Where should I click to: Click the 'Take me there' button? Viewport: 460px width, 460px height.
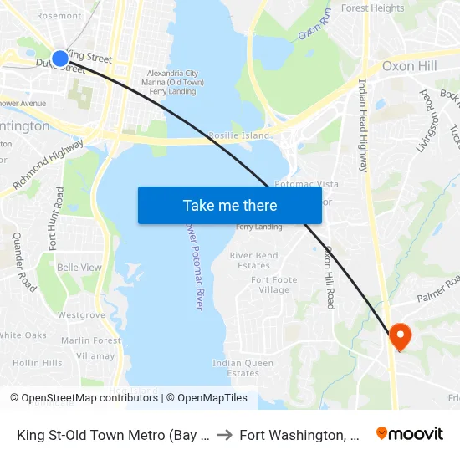click(229, 205)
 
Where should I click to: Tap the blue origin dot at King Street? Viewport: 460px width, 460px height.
click(60, 58)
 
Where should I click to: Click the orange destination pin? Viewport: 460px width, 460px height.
click(401, 336)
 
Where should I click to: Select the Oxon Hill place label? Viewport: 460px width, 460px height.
click(409, 66)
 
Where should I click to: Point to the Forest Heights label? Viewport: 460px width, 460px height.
click(372, 8)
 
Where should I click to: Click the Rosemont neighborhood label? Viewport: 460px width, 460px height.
click(59, 16)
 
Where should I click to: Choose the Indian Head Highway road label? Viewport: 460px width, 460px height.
click(364, 125)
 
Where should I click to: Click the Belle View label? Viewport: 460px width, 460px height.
click(79, 268)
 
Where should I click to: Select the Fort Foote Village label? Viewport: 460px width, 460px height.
click(274, 285)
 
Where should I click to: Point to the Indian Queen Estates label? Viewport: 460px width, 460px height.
click(243, 368)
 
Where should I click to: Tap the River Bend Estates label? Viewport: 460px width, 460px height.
click(254, 260)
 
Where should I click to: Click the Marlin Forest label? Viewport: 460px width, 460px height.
click(91, 340)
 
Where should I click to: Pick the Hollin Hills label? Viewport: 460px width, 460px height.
click(38, 363)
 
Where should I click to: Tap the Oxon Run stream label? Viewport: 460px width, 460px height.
click(315, 24)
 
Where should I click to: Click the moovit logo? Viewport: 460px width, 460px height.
click(410, 433)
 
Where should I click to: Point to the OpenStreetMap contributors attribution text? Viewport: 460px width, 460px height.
click(81, 398)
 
